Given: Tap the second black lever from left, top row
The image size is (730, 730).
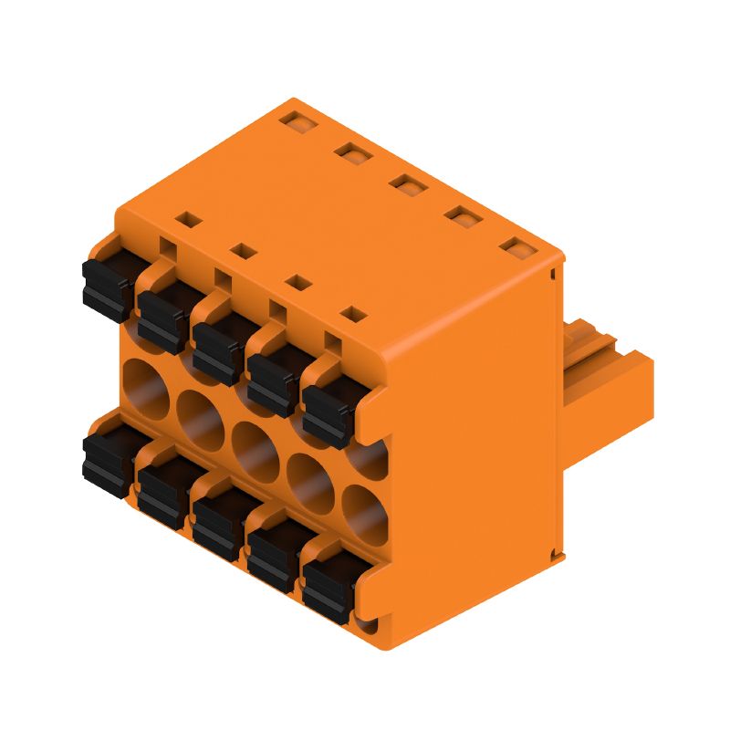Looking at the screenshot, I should tap(164, 315).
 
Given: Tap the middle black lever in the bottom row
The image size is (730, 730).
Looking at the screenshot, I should tap(219, 525).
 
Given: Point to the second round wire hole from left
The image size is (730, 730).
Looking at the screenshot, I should tap(198, 415).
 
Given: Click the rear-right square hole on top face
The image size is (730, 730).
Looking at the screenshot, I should tap(517, 245).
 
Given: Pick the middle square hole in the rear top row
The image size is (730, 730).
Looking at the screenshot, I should tap(408, 183).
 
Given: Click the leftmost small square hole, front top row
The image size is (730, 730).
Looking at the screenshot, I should tap(187, 219).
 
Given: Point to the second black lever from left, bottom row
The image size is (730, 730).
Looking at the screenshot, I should tap(164, 493).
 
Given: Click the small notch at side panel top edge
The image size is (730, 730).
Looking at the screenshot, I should tap(554, 270).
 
